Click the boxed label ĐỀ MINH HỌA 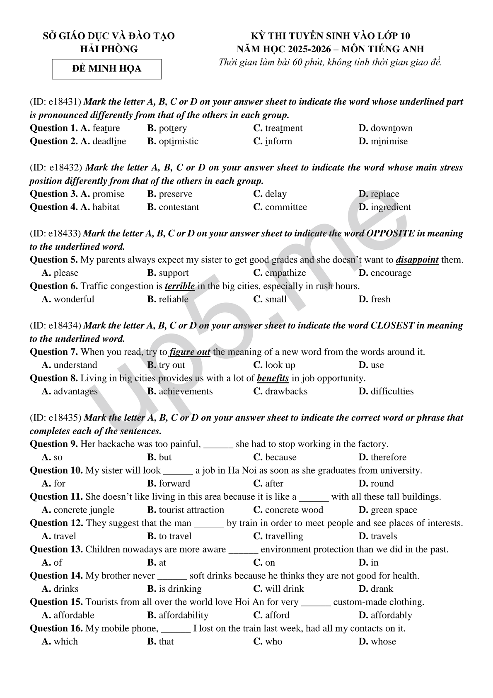click(106, 69)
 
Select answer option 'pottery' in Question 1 click(172, 128)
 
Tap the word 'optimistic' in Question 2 click(178, 141)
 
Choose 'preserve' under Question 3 click(175, 194)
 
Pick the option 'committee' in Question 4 click(286, 207)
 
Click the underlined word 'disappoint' click(417, 260)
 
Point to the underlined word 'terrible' click(180, 286)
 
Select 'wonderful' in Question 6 click(74, 299)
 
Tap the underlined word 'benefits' click(273, 378)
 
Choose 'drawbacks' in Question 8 click(286, 392)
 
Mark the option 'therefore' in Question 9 click(388, 457)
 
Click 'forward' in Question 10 click(174, 484)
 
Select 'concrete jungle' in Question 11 click(84, 510)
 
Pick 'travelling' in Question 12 click(284, 536)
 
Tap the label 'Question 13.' click(56, 550)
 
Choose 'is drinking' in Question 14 click(180, 589)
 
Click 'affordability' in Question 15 click(183, 615)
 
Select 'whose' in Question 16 click(383, 642)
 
